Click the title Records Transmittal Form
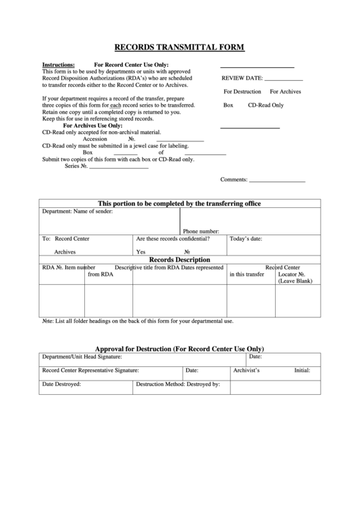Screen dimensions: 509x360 pyautogui.click(x=179, y=48)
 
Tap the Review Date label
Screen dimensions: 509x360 pyautogui.click(x=242, y=79)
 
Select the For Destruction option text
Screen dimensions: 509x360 pyautogui.click(x=242, y=91)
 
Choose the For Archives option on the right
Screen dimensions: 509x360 pyautogui.click(x=285, y=91)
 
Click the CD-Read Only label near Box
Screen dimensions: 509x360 pyautogui.click(x=266, y=105)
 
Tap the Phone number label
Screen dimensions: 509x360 pyautogui.click(x=200, y=231)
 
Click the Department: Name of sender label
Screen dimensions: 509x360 pyautogui.click(x=77, y=211)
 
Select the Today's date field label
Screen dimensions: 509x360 pyautogui.click(x=246, y=239)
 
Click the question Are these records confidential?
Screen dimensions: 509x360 pyautogui.click(x=173, y=239)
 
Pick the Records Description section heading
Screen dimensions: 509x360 pyautogui.click(x=179, y=259)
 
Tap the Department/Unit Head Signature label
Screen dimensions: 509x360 pyautogui.click(x=82, y=356)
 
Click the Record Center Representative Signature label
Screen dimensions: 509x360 pyautogui.click(x=90, y=370)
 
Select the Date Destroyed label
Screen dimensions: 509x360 pyautogui.click(x=62, y=384)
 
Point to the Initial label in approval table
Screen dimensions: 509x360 pyautogui.click(x=302, y=370)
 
